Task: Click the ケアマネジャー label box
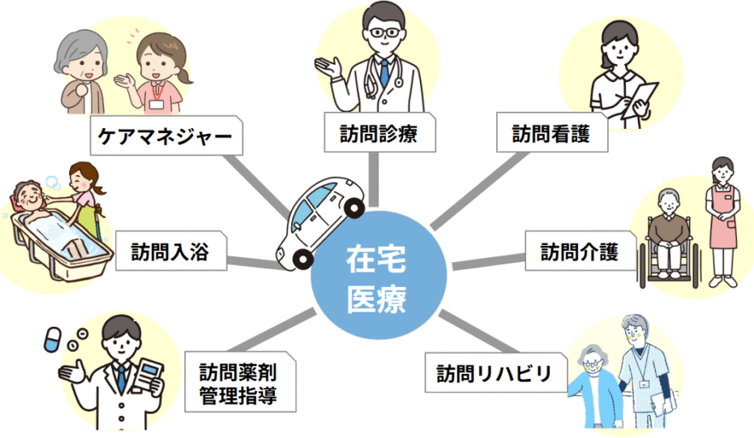click(165, 136)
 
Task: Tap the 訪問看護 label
click(553, 132)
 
